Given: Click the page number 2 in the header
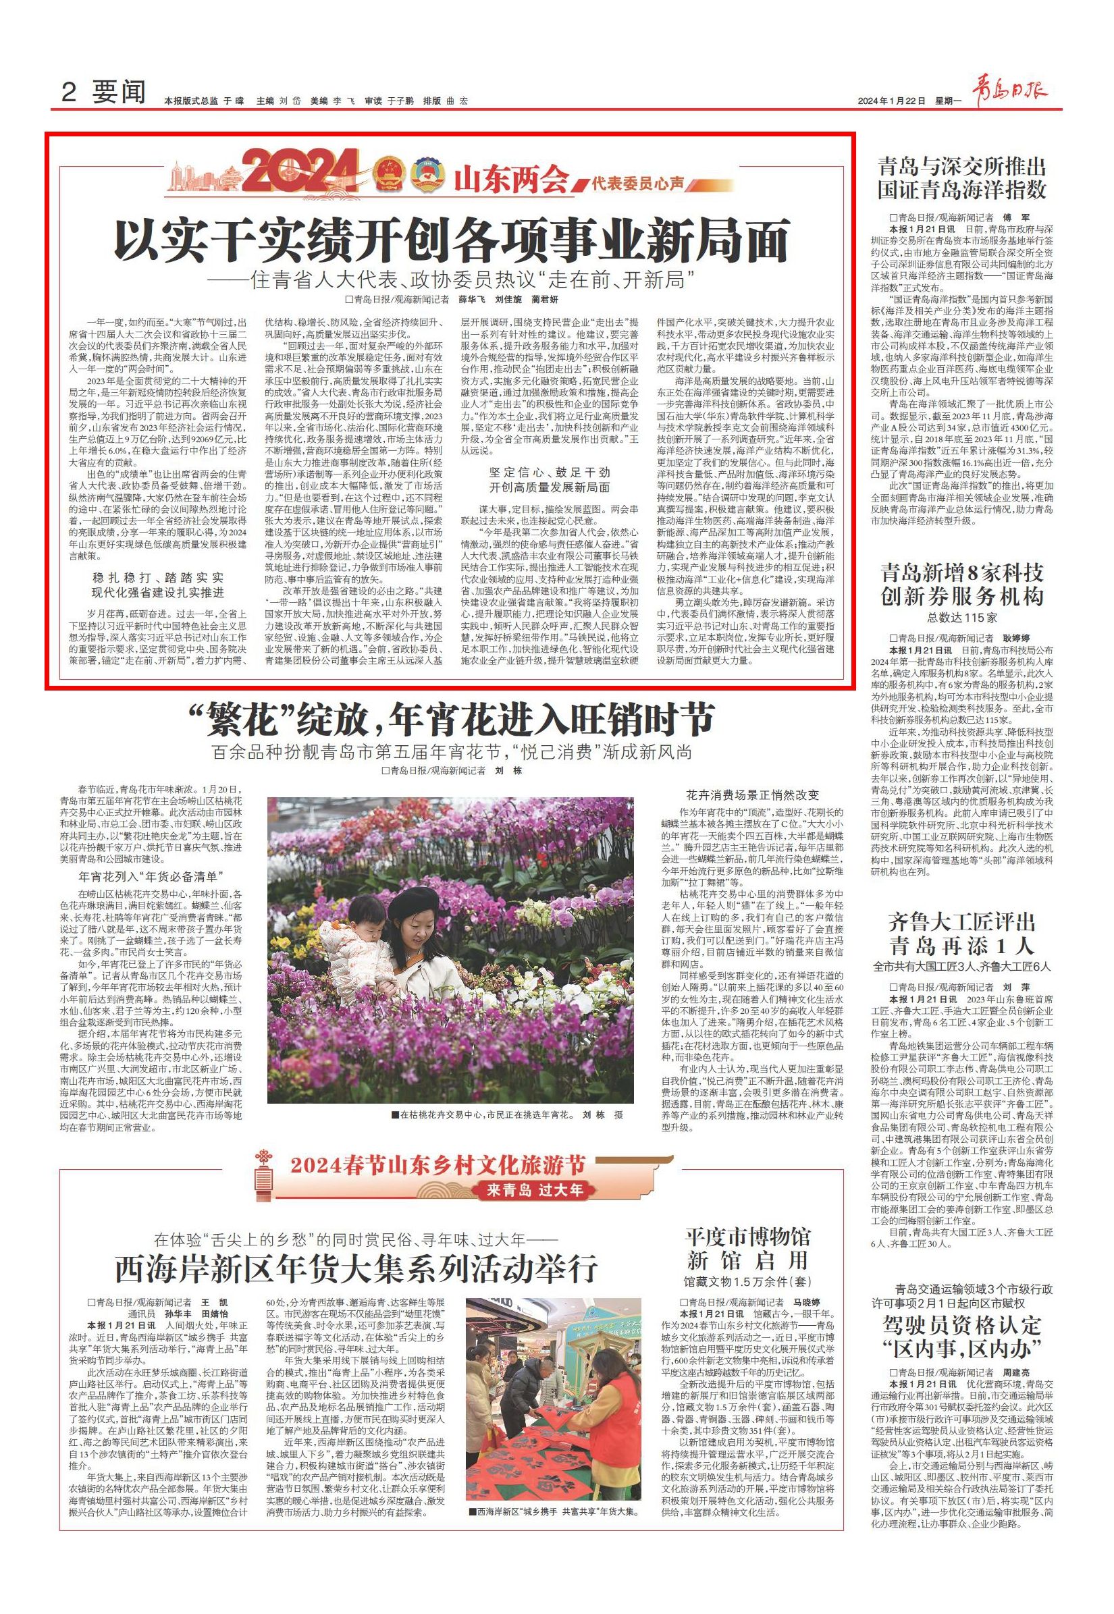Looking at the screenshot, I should [x=68, y=92].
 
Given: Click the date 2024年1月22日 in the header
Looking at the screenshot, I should [x=891, y=101].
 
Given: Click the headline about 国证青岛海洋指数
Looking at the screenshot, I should [x=961, y=179].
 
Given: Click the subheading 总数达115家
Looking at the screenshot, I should [x=962, y=617].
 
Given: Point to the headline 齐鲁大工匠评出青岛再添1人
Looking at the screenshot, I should [x=961, y=934].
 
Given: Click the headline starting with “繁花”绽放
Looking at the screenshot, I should [x=452, y=719].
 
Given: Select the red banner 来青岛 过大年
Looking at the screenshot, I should [x=535, y=1189].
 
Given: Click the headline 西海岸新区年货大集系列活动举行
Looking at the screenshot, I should [x=356, y=1267].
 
